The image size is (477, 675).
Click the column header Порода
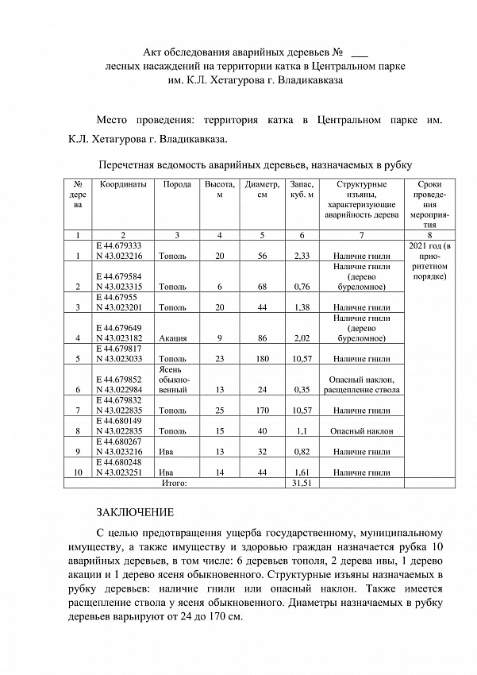(x=177, y=184)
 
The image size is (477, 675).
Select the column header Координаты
(x=122, y=184)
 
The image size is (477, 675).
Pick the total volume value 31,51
(x=302, y=482)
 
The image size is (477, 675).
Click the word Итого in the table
(x=174, y=482)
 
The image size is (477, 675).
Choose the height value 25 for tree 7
(x=220, y=411)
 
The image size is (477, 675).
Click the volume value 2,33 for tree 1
(x=302, y=256)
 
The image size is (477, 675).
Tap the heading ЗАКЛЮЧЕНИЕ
(x=134, y=512)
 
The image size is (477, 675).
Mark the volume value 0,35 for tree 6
(x=302, y=390)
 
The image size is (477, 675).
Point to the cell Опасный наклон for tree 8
(x=360, y=431)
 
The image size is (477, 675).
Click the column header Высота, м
(x=220, y=189)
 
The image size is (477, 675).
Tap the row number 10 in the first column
(x=78, y=472)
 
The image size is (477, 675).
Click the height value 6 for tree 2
(x=220, y=287)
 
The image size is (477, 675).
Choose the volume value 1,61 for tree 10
(x=302, y=472)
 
